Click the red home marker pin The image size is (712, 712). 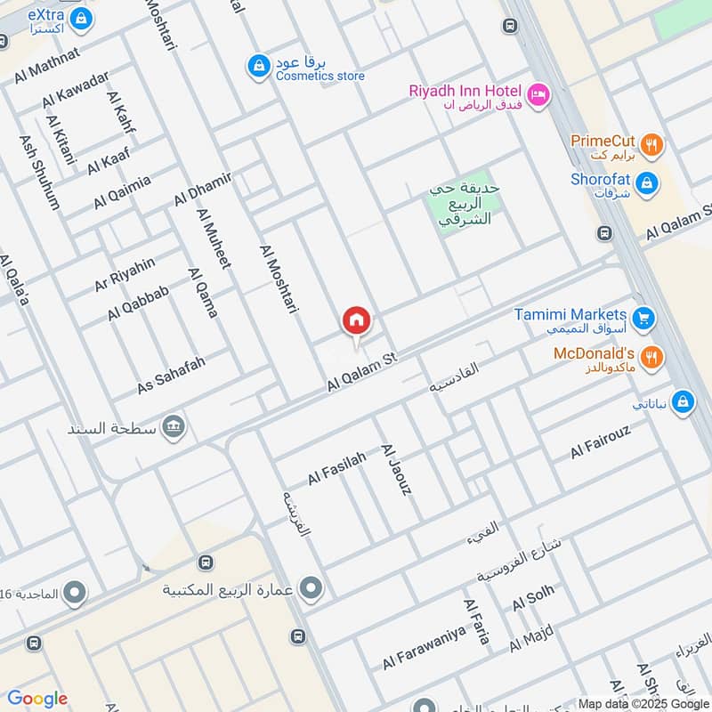(x=357, y=320)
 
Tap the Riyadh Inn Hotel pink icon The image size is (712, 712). (x=538, y=94)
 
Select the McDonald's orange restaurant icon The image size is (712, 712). (x=652, y=357)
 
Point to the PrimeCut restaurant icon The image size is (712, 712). (x=652, y=142)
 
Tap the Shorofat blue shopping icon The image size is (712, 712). (x=648, y=182)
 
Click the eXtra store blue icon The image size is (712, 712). (x=82, y=18)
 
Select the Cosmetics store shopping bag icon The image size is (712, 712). (x=258, y=66)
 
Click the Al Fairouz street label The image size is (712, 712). (x=601, y=442)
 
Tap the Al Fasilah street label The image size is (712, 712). (x=337, y=466)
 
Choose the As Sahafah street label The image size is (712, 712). (x=171, y=376)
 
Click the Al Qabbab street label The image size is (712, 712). (x=138, y=303)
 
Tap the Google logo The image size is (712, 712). (x=36, y=700)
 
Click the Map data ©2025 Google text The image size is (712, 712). (x=643, y=704)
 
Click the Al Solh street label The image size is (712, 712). (x=533, y=598)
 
